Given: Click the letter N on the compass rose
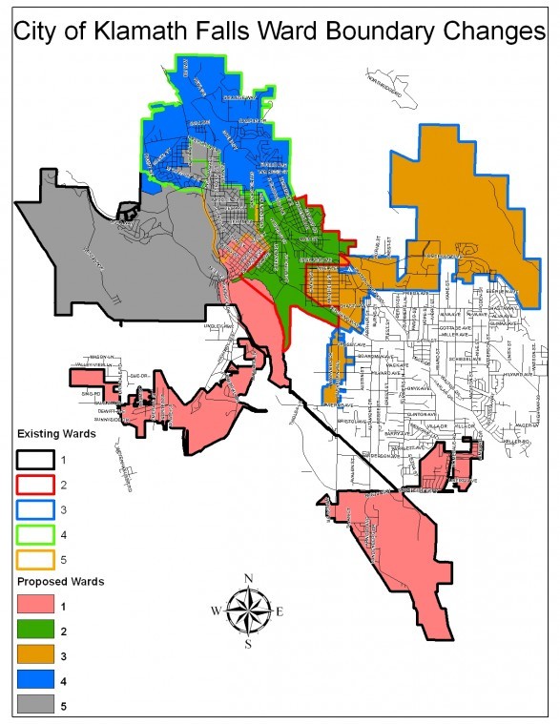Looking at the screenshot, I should [x=248, y=579].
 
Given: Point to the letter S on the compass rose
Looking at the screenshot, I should [x=248, y=645].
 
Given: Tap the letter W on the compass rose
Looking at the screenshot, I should [x=216, y=611].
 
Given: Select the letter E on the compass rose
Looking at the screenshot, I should [x=280, y=611].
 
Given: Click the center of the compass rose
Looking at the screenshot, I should [x=248, y=611].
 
